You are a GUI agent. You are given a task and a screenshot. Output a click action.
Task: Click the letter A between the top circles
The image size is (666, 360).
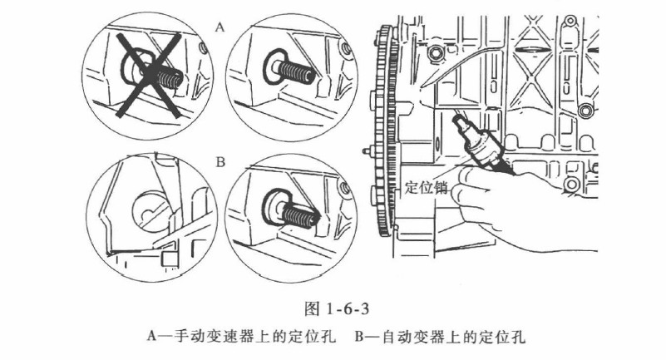click(x=220, y=27)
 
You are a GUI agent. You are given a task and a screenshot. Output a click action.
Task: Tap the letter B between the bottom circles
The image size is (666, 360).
click(x=220, y=162)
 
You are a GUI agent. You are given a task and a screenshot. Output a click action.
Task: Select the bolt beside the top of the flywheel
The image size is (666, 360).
click(x=432, y=56)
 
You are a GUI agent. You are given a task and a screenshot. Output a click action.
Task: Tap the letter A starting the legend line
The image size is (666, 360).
click(x=151, y=337)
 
